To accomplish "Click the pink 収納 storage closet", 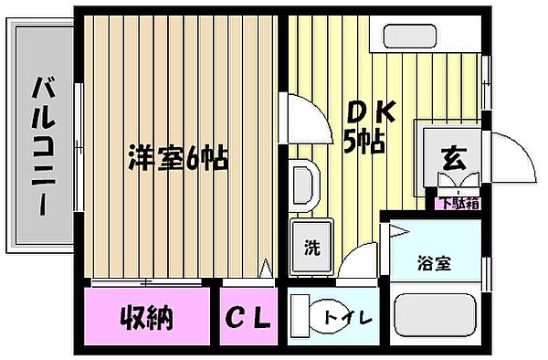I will coord(146,316).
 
